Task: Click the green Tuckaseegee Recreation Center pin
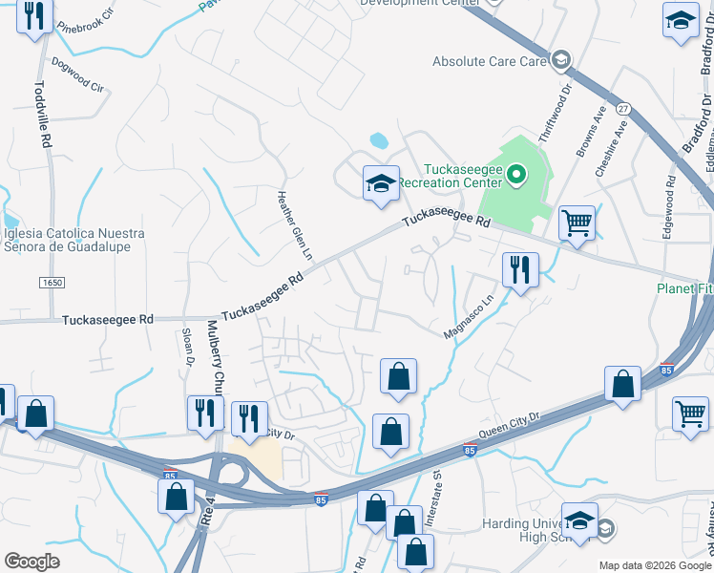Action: pos(516,174)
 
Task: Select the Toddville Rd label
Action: pos(41,113)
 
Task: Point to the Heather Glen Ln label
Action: pos(294,224)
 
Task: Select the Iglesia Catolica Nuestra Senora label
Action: pos(73,241)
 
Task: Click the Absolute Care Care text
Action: pos(489,62)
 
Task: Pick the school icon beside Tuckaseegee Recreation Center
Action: pos(381,182)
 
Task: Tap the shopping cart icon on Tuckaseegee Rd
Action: pos(577,223)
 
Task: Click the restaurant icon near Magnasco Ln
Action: pos(520,269)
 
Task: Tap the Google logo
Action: pos(31,562)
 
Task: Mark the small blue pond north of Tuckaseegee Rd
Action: pos(379,140)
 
